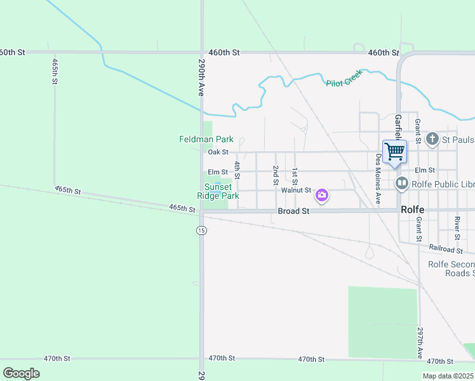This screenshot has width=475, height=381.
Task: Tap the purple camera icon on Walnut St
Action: (x=322, y=194)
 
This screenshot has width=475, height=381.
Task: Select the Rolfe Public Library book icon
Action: (x=401, y=184)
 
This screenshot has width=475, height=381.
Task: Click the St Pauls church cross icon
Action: (x=432, y=139)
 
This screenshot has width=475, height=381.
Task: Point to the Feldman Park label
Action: (x=206, y=139)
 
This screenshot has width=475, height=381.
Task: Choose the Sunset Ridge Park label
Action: (x=222, y=191)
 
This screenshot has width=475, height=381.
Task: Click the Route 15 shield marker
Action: (x=201, y=230)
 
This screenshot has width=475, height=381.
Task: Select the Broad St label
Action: (x=293, y=211)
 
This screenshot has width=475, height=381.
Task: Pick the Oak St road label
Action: (x=217, y=152)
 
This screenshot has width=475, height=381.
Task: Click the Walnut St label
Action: (x=296, y=190)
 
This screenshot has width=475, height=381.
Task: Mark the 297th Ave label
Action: (x=420, y=343)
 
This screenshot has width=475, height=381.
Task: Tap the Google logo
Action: (x=21, y=373)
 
